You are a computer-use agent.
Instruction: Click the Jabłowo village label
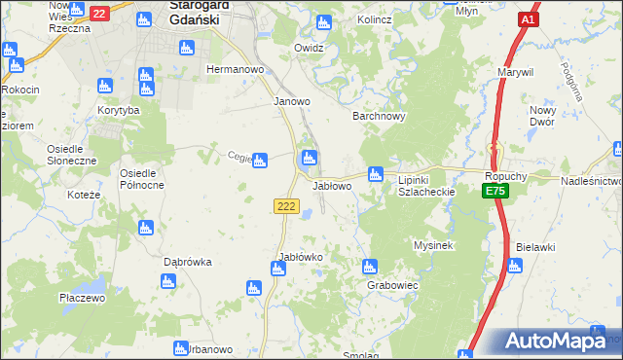(x=331, y=185)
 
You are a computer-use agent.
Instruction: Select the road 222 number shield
(x=286, y=205)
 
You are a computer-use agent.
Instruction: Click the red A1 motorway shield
(x=529, y=20)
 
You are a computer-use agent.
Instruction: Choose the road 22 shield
(x=99, y=14)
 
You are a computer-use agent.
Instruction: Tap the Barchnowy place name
(x=378, y=116)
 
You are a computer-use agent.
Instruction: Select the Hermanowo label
(x=231, y=70)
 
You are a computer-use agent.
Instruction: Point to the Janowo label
(x=292, y=101)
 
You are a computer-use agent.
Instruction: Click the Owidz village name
(x=309, y=47)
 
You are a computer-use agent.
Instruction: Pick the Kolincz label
(x=374, y=18)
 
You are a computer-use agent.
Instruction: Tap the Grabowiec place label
(x=392, y=286)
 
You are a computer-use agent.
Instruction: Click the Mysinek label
(x=434, y=245)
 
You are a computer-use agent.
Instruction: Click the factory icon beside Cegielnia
(x=260, y=160)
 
